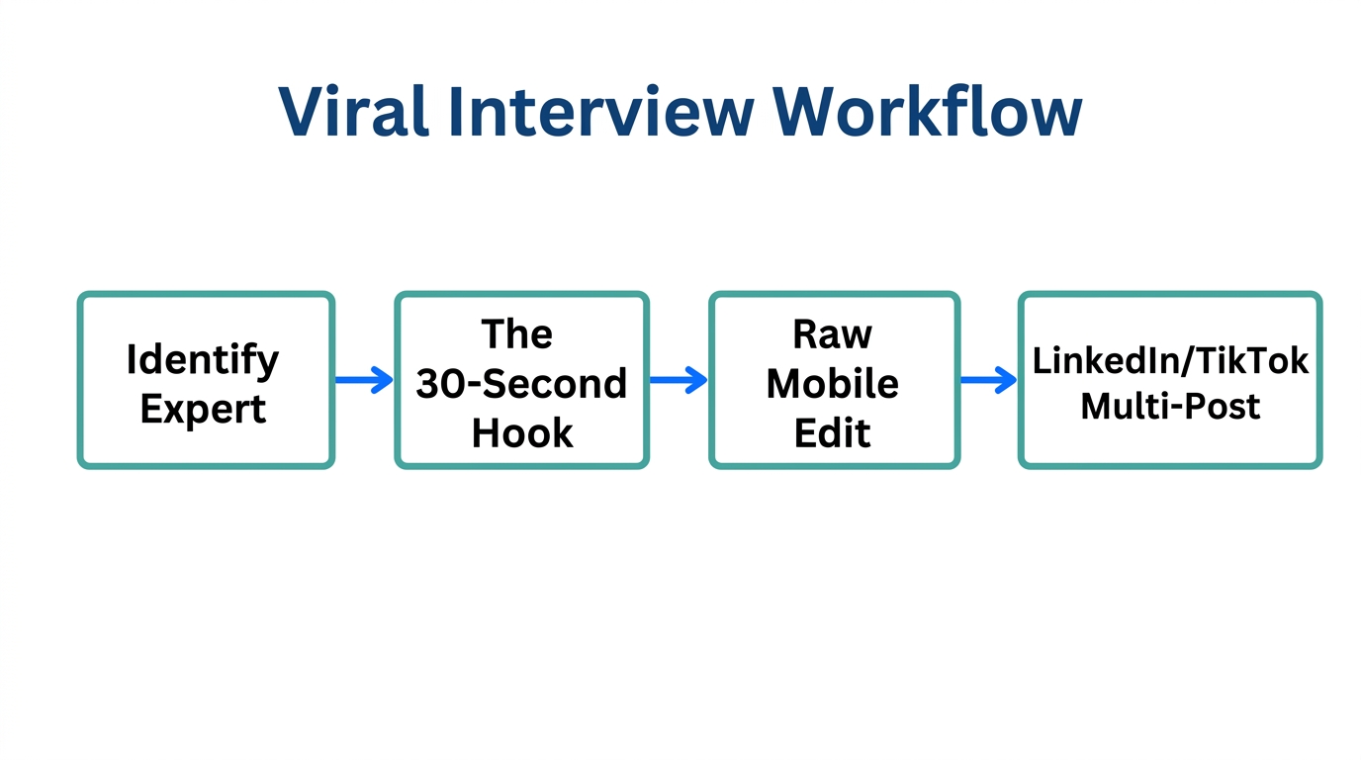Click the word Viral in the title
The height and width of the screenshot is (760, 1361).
[x=353, y=111]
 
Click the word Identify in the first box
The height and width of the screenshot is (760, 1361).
[x=203, y=359]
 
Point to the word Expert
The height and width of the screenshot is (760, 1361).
[x=203, y=409]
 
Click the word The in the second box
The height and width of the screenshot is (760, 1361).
[x=516, y=334]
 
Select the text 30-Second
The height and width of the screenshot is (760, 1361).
[x=521, y=384]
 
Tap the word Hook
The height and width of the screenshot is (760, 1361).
[x=522, y=433]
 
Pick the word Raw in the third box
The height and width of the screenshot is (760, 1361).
[x=832, y=334]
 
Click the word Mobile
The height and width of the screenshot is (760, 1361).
[x=832, y=384]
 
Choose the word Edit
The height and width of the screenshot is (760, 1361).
[x=832, y=433]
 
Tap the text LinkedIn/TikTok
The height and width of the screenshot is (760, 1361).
[x=1170, y=361]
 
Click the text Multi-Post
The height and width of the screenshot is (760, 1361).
[x=1170, y=406]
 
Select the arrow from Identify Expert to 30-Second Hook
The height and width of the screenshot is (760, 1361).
[x=364, y=380]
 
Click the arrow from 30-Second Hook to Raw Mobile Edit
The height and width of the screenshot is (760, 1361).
[x=679, y=380]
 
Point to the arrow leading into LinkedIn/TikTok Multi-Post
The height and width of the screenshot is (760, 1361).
[x=988, y=380]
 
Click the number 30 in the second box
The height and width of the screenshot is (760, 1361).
[x=438, y=384]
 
